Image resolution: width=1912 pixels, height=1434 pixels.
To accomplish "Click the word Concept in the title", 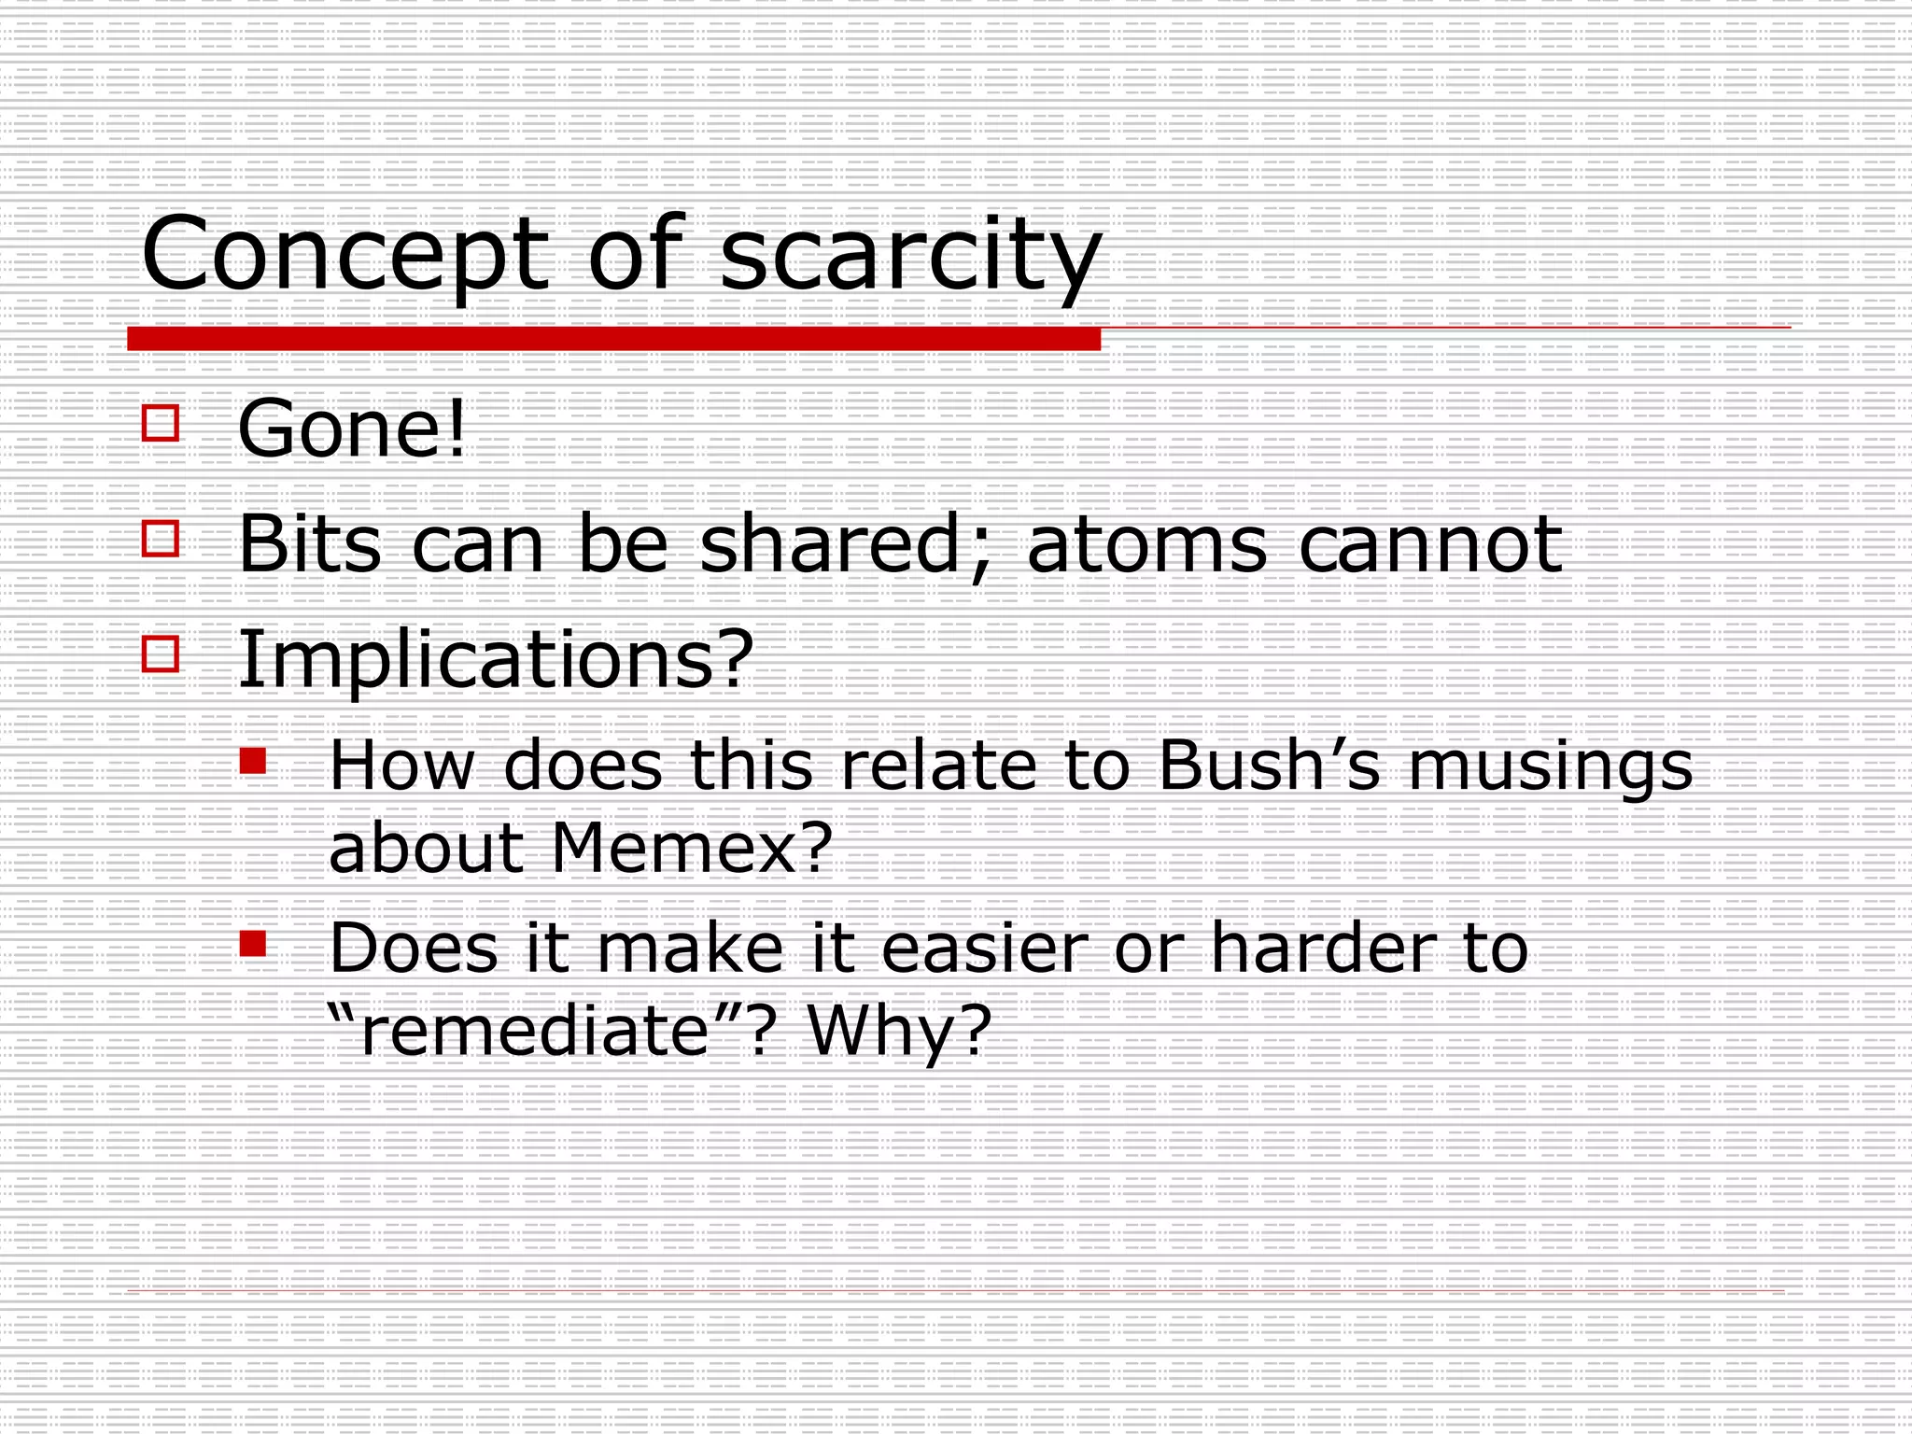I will click(344, 254).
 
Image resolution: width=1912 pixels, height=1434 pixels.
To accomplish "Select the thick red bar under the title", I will click(613, 339).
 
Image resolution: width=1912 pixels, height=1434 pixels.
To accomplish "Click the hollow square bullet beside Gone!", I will click(161, 423).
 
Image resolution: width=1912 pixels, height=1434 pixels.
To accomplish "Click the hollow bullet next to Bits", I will click(161, 539).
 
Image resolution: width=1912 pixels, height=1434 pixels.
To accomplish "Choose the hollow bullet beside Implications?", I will click(161, 654).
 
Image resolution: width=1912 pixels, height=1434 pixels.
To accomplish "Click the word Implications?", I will click(496, 661).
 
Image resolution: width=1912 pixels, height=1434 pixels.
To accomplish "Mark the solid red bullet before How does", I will click(252, 761).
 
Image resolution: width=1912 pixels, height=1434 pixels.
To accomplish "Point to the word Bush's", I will click(1269, 766).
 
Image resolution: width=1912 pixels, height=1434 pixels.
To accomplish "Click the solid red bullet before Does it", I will click(252, 944).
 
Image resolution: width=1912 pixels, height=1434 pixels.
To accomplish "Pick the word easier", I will click(985, 949).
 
